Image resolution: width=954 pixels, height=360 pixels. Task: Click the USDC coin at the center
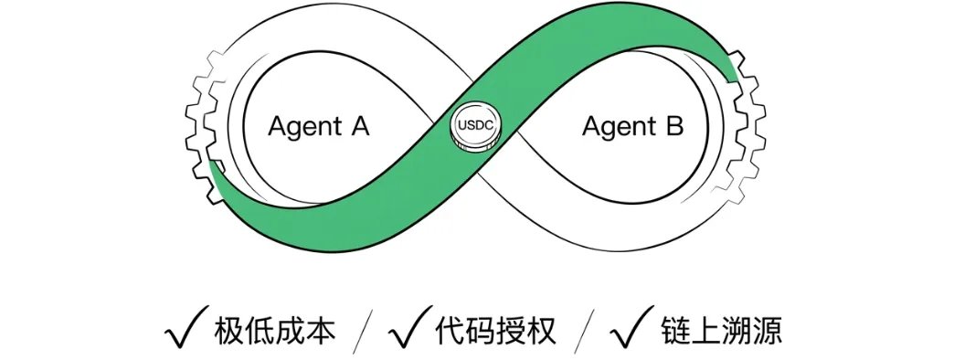[x=476, y=126]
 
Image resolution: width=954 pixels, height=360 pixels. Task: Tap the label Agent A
[x=319, y=126]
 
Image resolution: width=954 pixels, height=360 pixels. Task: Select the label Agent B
[x=632, y=126]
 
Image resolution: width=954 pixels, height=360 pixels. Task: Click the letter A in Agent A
[x=358, y=125]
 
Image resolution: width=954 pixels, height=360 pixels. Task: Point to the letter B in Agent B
[x=674, y=125]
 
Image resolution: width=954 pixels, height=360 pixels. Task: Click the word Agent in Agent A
[x=303, y=127]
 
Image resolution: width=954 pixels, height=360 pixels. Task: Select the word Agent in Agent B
[x=617, y=127]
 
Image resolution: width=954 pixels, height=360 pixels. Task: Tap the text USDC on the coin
[x=476, y=125]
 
